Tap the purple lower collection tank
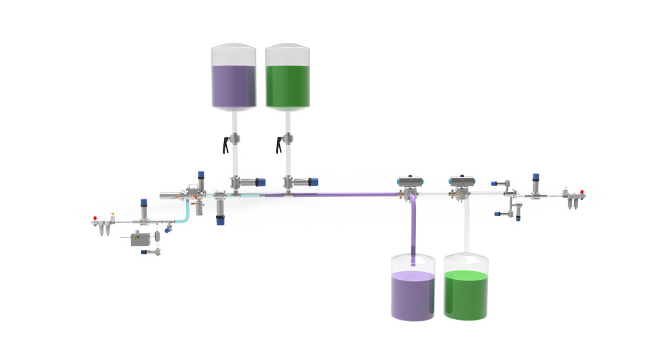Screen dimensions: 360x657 tap(413, 296)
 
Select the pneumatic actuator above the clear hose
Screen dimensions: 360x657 tap(463, 179)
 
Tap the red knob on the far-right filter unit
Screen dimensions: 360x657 tap(582, 194)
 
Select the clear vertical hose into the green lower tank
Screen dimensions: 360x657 tap(467, 227)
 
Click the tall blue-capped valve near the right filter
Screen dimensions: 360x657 tap(536, 177)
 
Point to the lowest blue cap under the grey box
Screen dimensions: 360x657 tap(144, 252)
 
